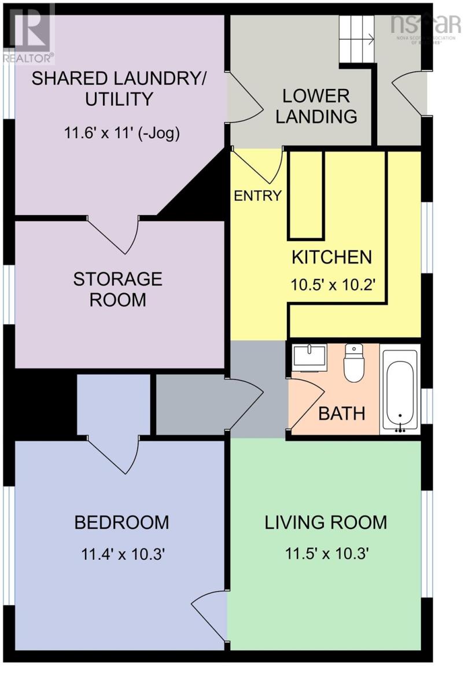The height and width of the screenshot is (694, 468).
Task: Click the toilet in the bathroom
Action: pos(354,363)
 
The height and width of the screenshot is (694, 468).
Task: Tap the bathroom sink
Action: pos(309,357)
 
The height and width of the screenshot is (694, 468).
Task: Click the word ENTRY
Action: pos(257,195)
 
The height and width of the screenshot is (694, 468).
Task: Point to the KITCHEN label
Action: pos(331,257)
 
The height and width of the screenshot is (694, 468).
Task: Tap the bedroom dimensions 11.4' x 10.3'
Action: pos(122,553)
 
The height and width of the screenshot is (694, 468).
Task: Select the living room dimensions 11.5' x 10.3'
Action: pos(326,553)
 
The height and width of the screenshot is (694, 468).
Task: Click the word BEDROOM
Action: pos(122,522)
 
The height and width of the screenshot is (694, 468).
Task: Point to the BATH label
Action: pos(342,414)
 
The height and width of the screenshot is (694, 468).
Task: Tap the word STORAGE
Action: pos(118,279)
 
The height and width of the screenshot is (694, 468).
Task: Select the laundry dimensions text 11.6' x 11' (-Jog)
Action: pos(122,134)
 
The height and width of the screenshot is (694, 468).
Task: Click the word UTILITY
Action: pos(119,99)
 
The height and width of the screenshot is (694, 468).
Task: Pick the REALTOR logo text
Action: pos(28,58)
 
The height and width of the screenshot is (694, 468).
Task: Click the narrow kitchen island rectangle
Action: pos(306,195)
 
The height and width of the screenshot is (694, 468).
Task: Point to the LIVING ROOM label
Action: pos(326,522)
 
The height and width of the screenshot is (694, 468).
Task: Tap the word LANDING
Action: pos(316,116)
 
